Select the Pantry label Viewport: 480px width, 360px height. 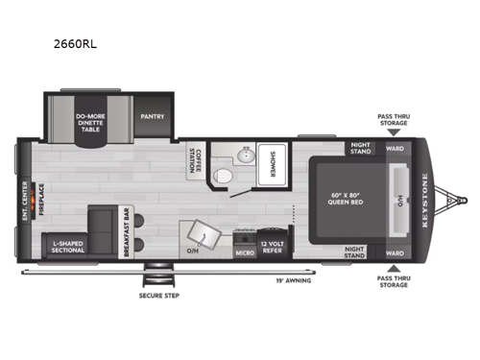pyautogui.click(x=152, y=117)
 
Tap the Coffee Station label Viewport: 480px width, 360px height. pyautogui.click(x=196, y=165)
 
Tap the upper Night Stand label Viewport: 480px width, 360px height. pyautogui.click(x=360, y=148)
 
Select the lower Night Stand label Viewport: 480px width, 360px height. pyautogui.click(x=360, y=252)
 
